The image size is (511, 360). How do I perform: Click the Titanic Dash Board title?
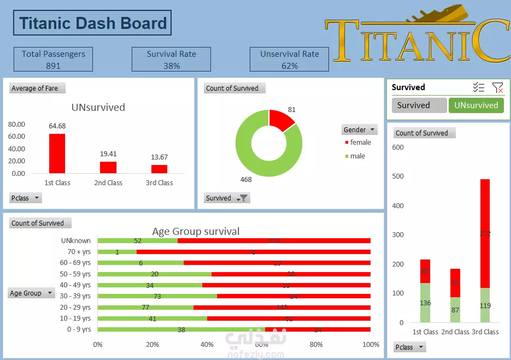pos(92,23)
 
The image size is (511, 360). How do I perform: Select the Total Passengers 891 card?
pos(53,60)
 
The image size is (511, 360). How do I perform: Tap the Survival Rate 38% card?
pos(171,60)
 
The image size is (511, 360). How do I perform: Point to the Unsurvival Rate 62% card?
pos(289,60)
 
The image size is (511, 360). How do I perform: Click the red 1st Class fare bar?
pos(57,153)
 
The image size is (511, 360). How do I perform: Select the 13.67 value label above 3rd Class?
pos(159,157)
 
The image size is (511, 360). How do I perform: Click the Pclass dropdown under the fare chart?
pos(26,198)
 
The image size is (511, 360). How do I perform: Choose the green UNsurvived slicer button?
pos(476,105)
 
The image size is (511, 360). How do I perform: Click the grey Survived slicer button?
pos(419,105)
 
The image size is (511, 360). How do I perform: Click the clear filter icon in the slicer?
pos(497,87)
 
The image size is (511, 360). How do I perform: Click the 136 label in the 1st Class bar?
pos(425,303)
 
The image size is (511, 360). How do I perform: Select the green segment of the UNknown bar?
pos(138,240)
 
